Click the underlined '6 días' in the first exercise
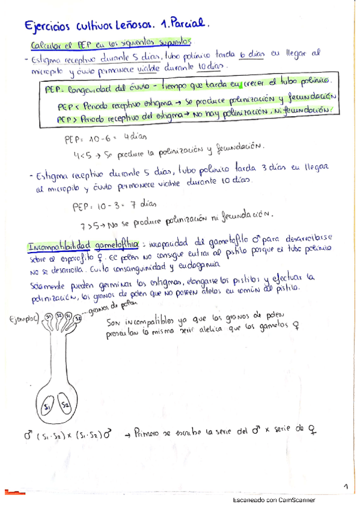click(251, 55)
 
